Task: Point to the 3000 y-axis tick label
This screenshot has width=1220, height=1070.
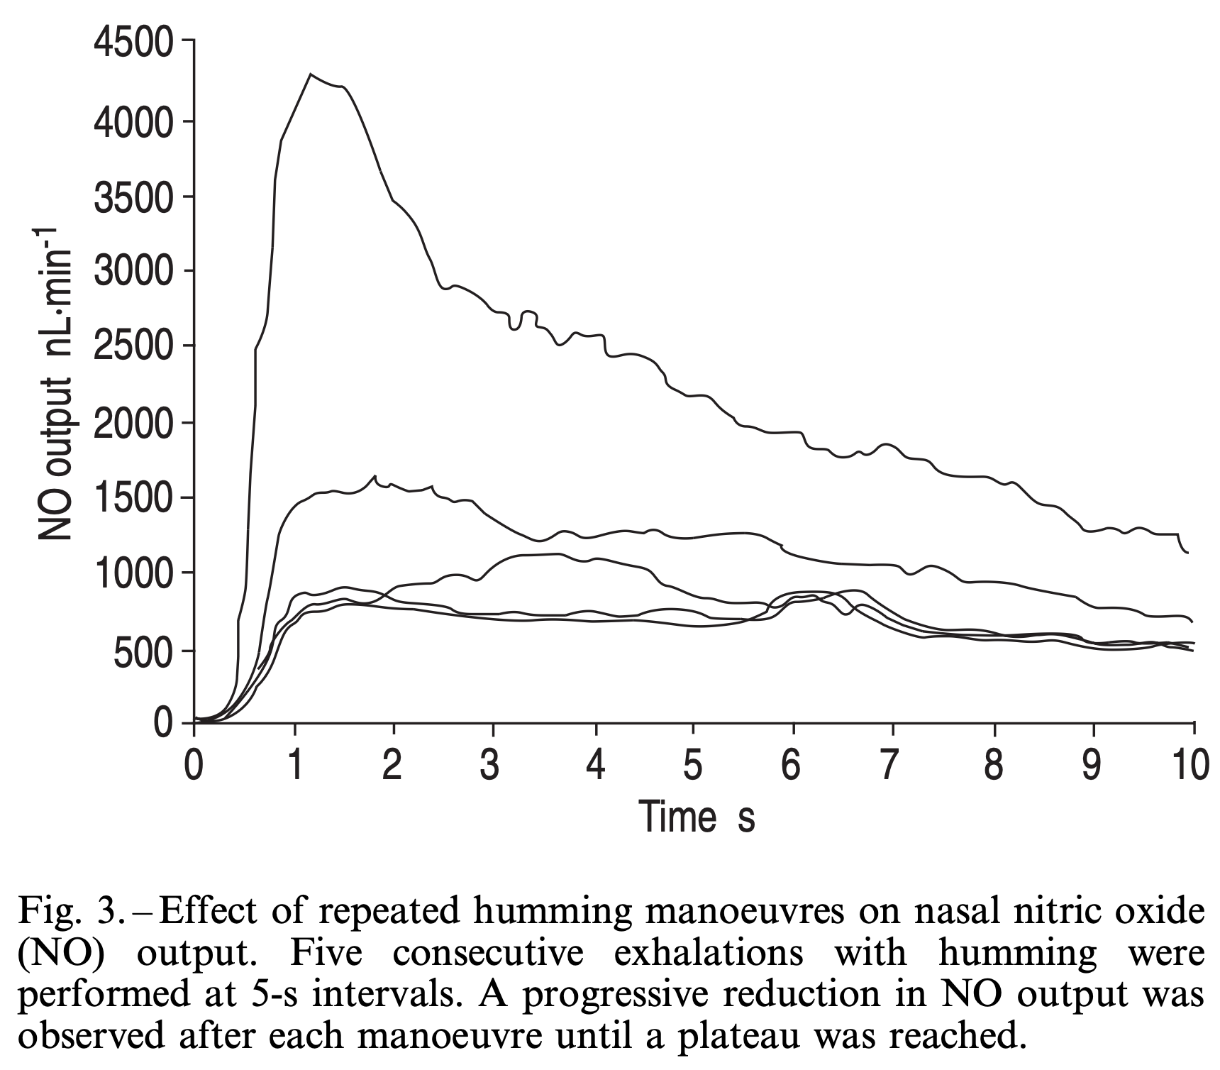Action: pos(132,272)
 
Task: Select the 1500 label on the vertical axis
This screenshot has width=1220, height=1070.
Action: pos(132,498)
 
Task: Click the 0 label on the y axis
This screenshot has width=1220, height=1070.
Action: pos(163,724)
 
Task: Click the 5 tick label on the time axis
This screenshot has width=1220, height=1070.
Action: pos(693,767)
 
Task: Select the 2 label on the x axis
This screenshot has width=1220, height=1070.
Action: pos(392,767)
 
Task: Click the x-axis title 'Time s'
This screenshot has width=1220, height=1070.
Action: pos(697,817)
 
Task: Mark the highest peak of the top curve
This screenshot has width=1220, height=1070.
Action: pos(311,75)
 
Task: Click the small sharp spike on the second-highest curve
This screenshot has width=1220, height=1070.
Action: pos(375,476)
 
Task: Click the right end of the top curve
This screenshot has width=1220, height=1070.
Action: pos(1188,552)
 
